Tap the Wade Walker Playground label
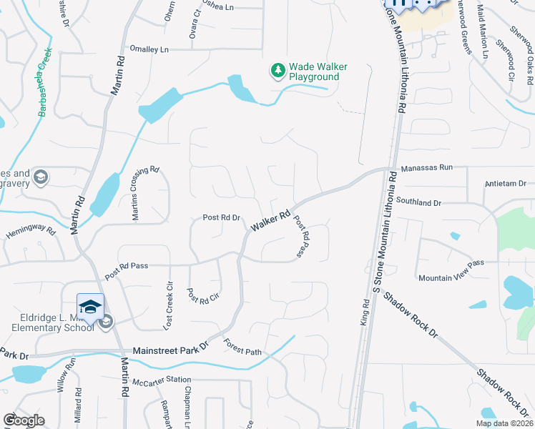click(318, 71)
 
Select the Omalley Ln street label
click(149, 49)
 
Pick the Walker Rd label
click(270, 221)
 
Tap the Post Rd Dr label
click(221, 217)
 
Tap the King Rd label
click(365, 314)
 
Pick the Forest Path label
click(244, 350)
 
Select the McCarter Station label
click(163, 380)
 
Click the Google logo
click(23, 420)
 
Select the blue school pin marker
click(91, 308)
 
